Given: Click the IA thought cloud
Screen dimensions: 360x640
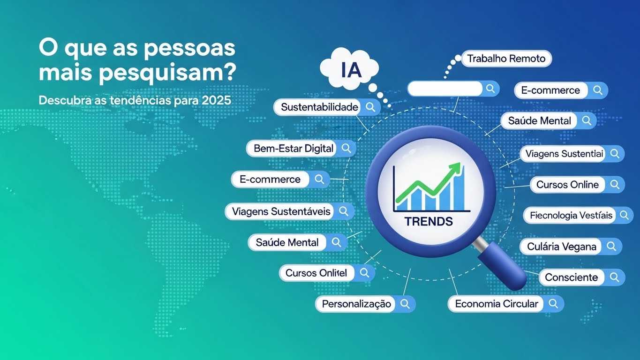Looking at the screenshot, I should tap(348, 69).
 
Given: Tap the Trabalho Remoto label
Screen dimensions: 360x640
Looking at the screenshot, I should tap(506, 59).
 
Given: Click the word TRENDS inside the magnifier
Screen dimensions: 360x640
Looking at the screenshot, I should tap(429, 221).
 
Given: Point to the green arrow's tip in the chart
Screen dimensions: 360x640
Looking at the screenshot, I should tap(459, 166).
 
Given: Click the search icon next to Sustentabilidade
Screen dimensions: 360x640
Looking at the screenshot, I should tap(370, 107).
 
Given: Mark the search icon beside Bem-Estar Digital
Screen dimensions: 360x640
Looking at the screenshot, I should tap(346, 149).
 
